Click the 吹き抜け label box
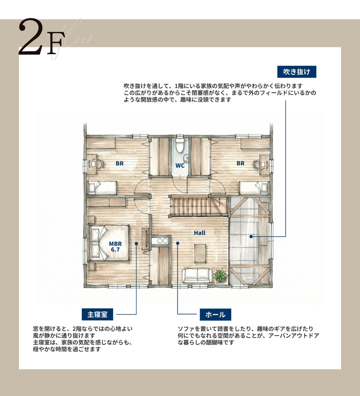[x=297, y=72]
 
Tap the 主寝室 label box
[x=98, y=314]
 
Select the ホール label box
[x=215, y=314]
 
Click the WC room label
[x=180, y=165]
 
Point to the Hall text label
[x=200, y=232]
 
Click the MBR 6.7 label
[x=115, y=246]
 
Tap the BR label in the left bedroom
[x=120, y=164]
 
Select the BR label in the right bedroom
[x=240, y=164]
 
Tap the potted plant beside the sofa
[x=220, y=276]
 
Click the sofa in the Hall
[x=197, y=275]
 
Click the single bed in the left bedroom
[x=102, y=187]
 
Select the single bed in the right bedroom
[x=254, y=187]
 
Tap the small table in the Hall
[x=200, y=253]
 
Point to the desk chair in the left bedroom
[x=99, y=164]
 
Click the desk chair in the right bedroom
[x=257, y=164]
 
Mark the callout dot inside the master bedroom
[x=137, y=243]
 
